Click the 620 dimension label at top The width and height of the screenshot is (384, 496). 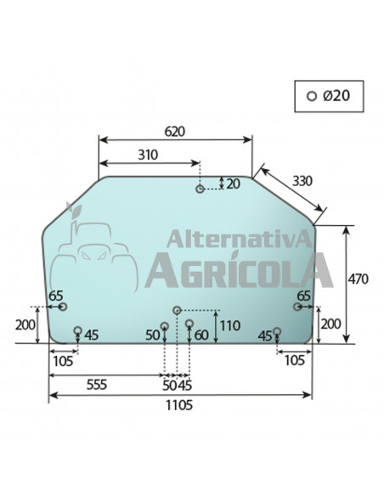pos(175,132)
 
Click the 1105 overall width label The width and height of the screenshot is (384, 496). pos(179,406)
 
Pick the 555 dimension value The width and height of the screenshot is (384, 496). pos(96,385)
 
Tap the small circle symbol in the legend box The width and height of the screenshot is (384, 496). pos(312,96)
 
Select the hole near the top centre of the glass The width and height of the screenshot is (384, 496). pos(200,189)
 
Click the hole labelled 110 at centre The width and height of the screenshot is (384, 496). pos(177,311)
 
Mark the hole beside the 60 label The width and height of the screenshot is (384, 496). pos(189,323)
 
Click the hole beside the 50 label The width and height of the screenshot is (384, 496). pos(166,326)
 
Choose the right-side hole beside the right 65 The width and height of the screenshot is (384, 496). pos(296,307)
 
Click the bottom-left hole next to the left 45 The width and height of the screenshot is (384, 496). pos(77,330)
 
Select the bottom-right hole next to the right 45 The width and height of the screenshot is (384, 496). pos(277,331)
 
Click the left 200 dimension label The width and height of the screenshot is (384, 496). pos(25,324)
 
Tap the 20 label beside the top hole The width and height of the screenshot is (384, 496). pos(234,183)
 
